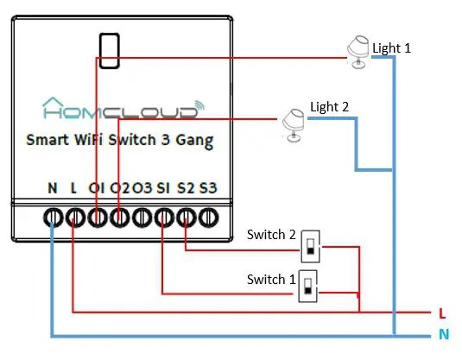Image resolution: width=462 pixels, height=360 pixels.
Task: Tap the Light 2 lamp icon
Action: (x=291, y=123)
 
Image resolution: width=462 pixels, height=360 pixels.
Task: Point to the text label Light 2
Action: (x=330, y=107)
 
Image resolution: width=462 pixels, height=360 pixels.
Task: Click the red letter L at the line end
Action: (x=442, y=313)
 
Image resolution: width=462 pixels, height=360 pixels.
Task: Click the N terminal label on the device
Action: (x=53, y=187)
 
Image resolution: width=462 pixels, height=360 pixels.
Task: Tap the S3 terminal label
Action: (x=207, y=187)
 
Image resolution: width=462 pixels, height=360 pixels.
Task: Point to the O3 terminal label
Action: (x=142, y=187)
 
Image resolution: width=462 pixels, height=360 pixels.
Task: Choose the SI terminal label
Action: (x=163, y=187)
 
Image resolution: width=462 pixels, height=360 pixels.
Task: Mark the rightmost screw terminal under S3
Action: (x=207, y=217)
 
